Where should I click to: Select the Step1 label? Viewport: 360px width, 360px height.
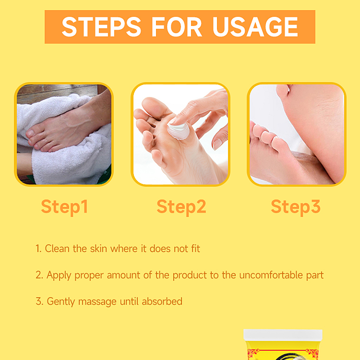pyautogui.click(x=64, y=206)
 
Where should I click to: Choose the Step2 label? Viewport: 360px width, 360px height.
pyautogui.click(x=181, y=206)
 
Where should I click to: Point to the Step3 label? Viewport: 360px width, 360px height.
pyautogui.click(x=295, y=206)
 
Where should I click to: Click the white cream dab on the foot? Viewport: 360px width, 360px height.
pyautogui.click(x=179, y=130)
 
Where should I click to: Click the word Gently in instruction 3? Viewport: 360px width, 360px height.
pyautogui.click(x=60, y=301)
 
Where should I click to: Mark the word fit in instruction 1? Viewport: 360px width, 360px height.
pyautogui.click(x=194, y=249)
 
